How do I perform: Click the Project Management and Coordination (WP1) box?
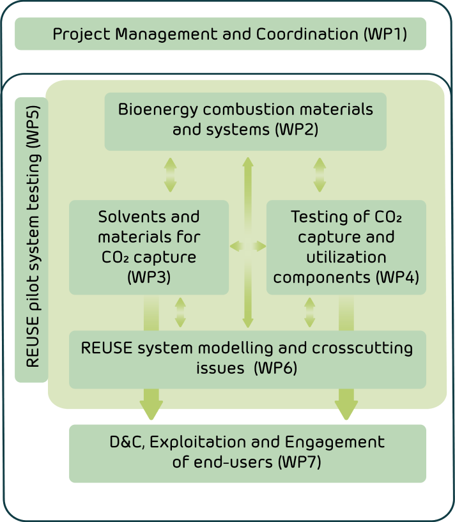[x=220, y=34]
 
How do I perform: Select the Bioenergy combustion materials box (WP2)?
[x=245, y=121]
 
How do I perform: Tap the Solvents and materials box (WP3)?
[x=149, y=247]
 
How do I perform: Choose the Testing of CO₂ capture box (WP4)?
[x=346, y=247]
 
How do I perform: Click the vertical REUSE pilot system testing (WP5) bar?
[x=31, y=240]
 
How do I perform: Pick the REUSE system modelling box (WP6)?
[x=247, y=360]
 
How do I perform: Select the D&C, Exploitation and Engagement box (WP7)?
[x=247, y=454]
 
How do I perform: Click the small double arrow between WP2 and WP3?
[x=170, y=175]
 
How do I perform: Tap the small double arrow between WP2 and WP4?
[x=320, y=175]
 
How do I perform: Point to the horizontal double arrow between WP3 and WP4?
[x=248, y=247]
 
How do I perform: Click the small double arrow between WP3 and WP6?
[x=180, y=312]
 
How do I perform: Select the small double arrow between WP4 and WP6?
[x=310, y=312]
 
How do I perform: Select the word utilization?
[x=346, y=257]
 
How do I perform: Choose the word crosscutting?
[x=362, y=349]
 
